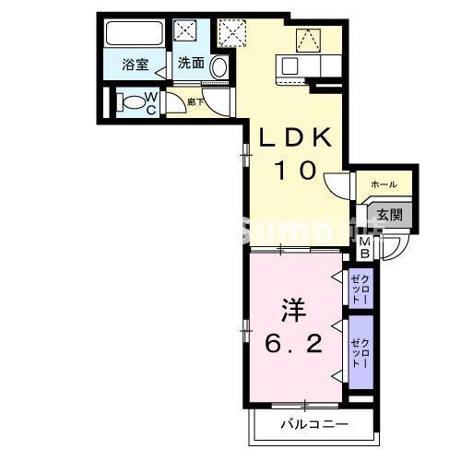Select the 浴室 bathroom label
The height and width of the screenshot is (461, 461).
136,65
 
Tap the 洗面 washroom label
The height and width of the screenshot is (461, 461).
191,64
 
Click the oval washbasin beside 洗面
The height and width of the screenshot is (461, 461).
219,66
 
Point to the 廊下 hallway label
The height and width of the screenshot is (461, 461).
195,101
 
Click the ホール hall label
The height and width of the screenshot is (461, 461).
384,185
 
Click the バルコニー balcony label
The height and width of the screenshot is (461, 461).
313,425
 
